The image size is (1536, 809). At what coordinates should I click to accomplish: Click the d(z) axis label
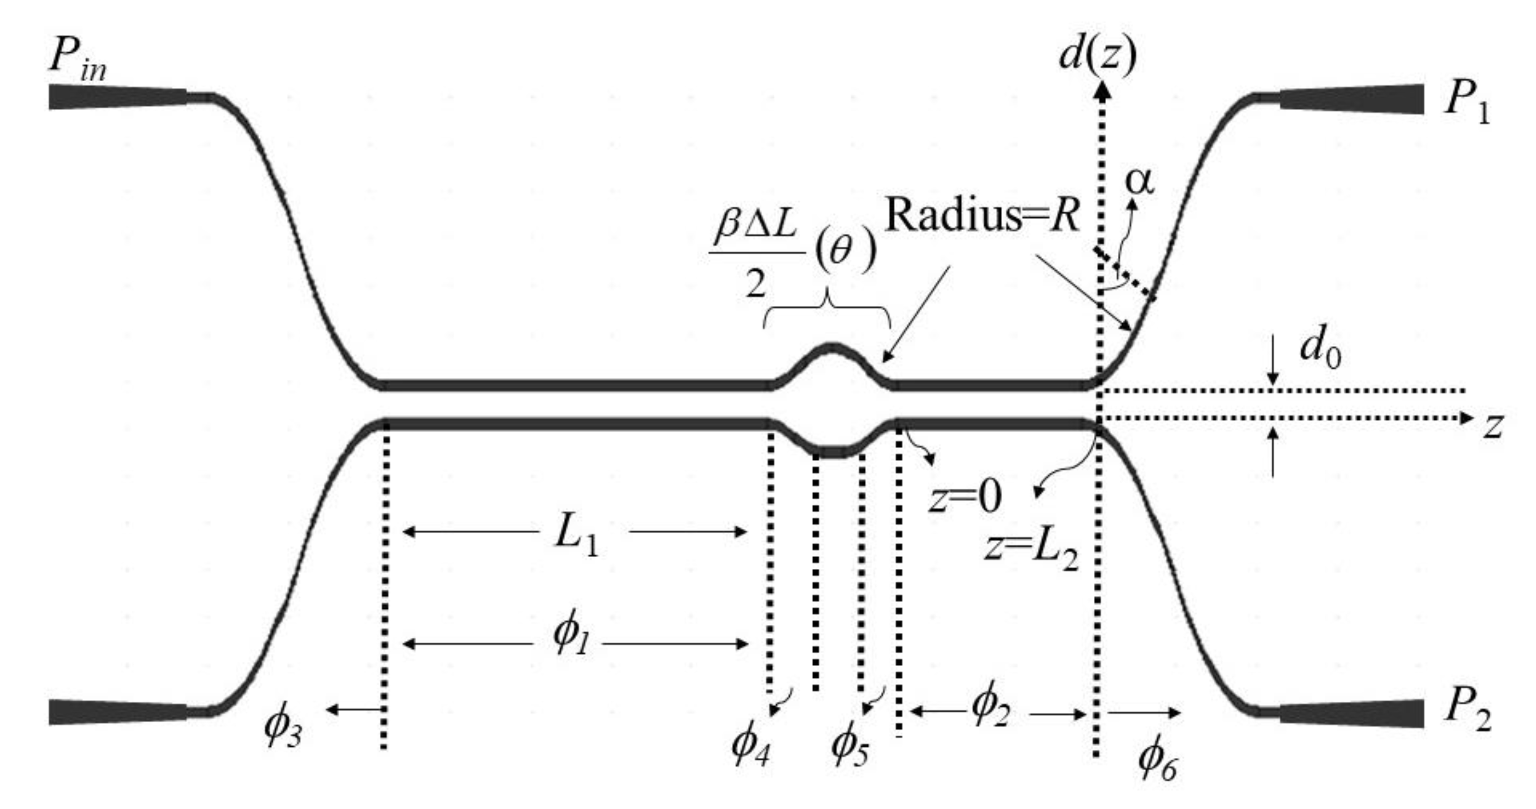click(x=1097, y=57)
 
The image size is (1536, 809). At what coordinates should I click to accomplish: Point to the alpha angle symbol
click(x=1139, y=182)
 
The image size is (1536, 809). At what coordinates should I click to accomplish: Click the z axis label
click(x=1493, y=426)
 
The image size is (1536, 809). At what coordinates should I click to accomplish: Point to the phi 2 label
click(x=990, y=709)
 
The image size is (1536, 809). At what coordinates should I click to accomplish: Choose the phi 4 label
click(x=750, y=745)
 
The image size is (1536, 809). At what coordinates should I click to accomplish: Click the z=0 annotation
click(x=965, y=496)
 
